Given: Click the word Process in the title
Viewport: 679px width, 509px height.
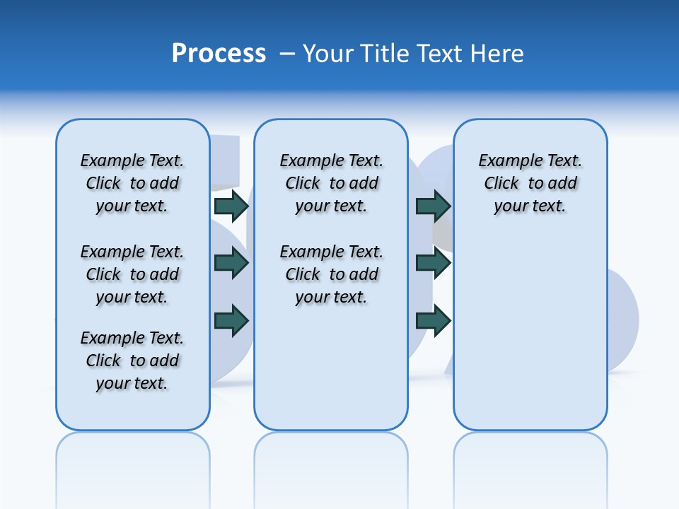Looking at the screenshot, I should tap(219, 53).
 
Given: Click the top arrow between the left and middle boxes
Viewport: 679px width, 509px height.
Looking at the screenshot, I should tap(231, 206).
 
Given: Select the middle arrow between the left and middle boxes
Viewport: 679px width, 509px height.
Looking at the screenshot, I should tap(231, 263).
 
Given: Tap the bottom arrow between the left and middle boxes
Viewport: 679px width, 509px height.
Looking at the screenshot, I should tap(231, 320).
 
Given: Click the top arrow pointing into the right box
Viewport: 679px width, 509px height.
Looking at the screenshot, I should tap(434, 206).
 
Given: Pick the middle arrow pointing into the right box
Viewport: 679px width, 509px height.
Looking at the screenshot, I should tap(434, 263).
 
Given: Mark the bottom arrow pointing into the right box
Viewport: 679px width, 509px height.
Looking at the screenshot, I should tap(434, 320).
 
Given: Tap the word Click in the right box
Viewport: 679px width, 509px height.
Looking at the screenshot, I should tap(501, 184).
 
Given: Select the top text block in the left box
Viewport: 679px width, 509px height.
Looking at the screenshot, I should tap(132, 183).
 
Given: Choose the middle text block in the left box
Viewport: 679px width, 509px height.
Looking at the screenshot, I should tap(132, 274).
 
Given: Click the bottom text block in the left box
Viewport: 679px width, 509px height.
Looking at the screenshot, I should tap(132, 361).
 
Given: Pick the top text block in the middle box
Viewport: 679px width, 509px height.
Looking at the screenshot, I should tap(331, 183).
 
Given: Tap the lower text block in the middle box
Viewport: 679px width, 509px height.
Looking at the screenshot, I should tap(331, 274).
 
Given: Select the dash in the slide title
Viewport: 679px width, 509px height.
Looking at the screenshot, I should tap(286, 54).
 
